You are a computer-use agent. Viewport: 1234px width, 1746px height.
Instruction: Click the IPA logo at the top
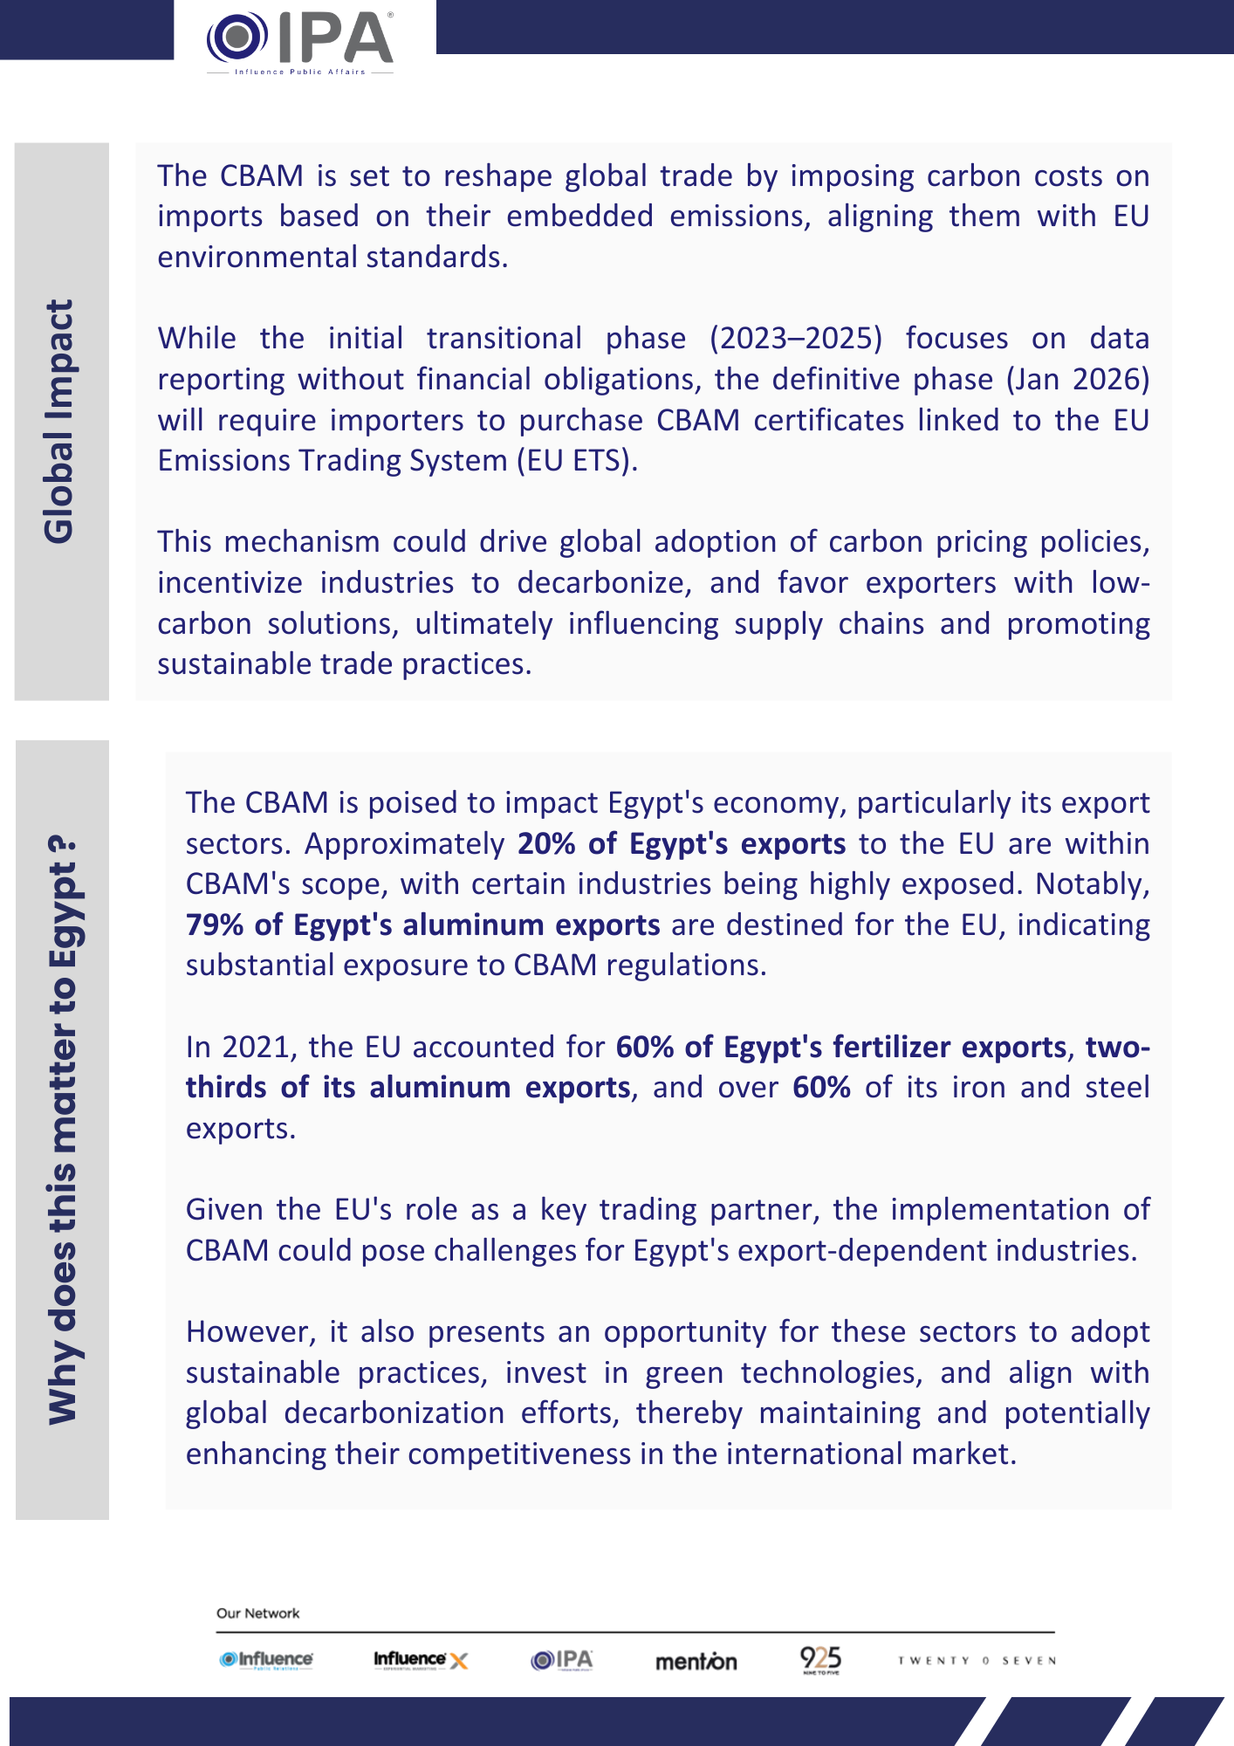coord(300,42)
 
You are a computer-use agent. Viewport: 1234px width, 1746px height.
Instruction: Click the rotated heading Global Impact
coord(59,422)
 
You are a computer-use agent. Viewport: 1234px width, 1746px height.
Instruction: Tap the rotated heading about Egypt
coord(63,1131)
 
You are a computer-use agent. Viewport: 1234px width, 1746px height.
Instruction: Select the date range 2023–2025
coord(795,339)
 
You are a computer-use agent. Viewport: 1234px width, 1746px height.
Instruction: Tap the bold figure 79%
coord(215,925)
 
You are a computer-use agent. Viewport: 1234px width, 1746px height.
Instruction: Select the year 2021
coord(254,1048)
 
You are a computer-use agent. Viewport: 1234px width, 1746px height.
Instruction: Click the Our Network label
coord(257,1613)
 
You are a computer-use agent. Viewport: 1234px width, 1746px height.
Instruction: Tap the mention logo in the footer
coord(696,1661)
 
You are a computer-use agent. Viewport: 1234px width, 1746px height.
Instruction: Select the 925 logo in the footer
coord(820,1660)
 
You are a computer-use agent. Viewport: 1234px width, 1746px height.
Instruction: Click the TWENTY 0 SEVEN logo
coord(977,1660)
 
